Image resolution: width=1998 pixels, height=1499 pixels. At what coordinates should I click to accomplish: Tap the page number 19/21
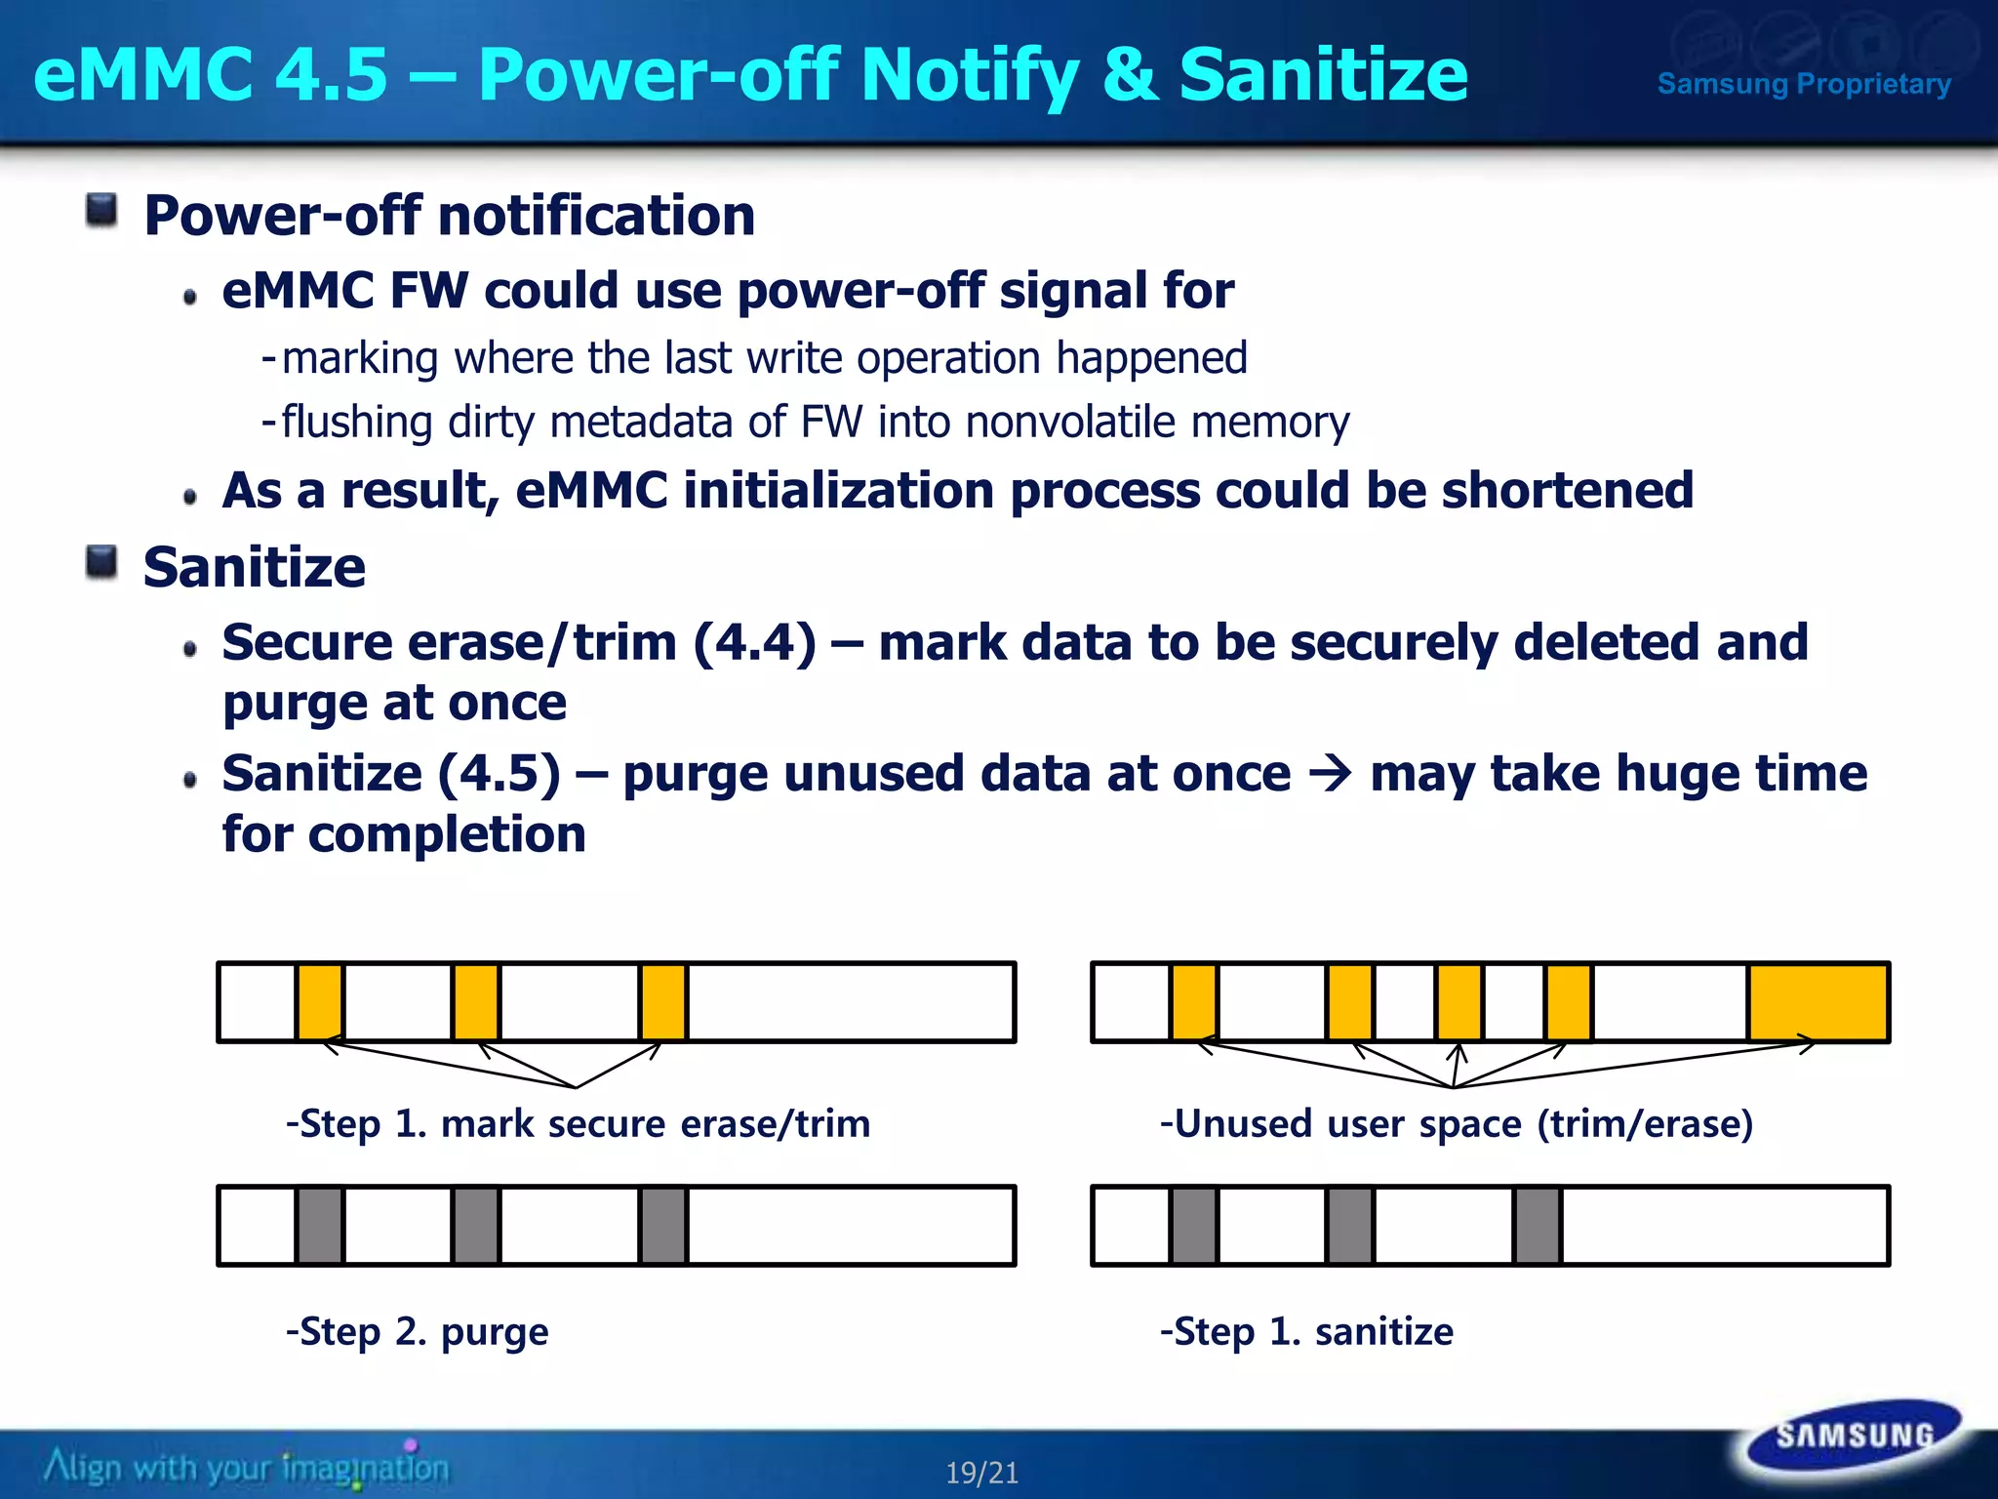tap(981, 1473)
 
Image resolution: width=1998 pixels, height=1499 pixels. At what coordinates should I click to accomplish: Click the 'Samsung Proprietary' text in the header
tap(1804, 84)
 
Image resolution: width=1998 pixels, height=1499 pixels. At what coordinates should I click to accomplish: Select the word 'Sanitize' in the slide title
tap(1323, 75)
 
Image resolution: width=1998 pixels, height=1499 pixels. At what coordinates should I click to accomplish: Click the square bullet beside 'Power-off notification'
tap(101, 210)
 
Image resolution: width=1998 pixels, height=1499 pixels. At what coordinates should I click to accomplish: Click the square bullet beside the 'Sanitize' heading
tap(101, 562)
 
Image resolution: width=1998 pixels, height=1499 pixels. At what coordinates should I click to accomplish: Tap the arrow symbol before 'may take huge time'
tap(1330, 774)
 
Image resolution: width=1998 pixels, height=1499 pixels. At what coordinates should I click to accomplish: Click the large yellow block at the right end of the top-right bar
tap(1818, 1001)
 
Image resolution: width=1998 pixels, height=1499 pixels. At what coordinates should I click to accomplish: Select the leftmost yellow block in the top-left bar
tap(320, 1001)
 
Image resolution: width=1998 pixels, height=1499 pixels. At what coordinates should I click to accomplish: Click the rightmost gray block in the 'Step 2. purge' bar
tap(663, 1226)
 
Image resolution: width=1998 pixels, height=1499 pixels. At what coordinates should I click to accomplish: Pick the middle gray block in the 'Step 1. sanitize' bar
tap(1350, 1226)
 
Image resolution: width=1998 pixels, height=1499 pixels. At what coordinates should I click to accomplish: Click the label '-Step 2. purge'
tap(418, 1331)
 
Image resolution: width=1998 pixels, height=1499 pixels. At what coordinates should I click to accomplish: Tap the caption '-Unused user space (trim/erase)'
tap(1456, 1124)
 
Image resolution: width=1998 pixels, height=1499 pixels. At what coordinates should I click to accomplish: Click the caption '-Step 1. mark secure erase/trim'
tap(578, 1124)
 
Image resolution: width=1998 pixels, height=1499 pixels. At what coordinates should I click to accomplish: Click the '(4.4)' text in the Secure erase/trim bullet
tap(754, 643)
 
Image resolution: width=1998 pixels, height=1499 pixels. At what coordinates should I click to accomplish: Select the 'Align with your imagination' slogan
tap(246, 1467)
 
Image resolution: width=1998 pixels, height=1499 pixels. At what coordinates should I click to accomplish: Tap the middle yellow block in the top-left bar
tap(476, 1001)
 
